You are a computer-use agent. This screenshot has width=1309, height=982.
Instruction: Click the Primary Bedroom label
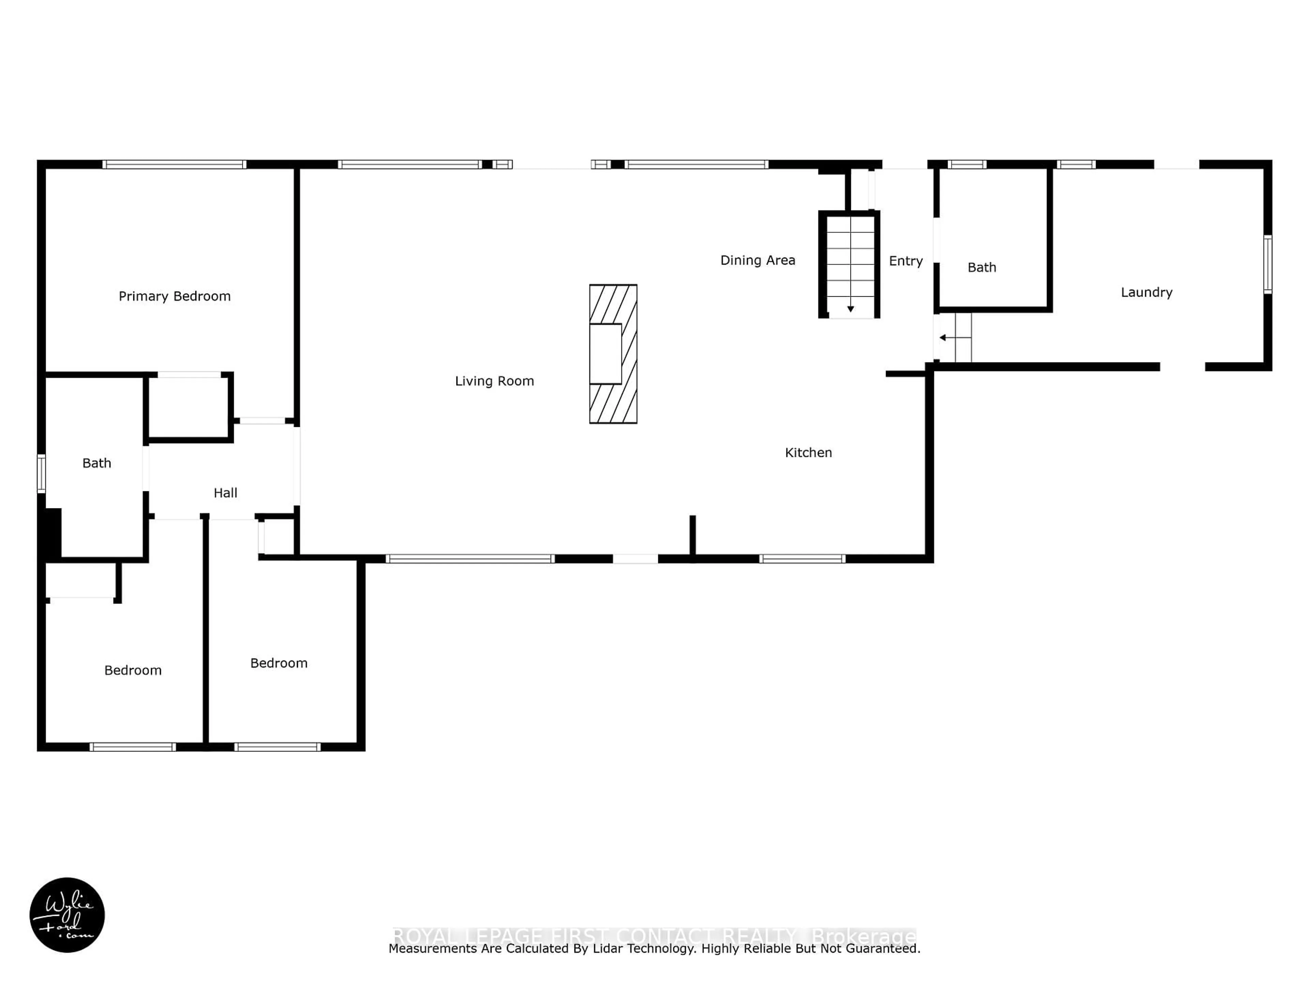[175, 296]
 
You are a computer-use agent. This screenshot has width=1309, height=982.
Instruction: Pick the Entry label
[905, 261]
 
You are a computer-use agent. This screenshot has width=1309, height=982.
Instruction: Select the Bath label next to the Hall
[96, 463]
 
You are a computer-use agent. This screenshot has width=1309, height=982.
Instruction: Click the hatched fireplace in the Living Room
[613, 354]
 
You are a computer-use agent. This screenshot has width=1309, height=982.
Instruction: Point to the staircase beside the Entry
[851, 264]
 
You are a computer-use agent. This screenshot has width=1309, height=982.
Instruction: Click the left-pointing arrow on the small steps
[943, 338]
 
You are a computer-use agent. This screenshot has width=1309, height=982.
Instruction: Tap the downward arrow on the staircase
[851, 308]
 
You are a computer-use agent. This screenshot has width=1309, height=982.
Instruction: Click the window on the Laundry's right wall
[1267, 265]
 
